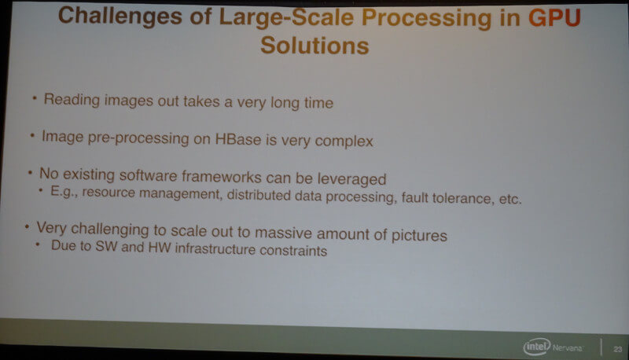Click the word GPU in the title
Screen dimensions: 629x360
pyautogui.click(x=554, y=18)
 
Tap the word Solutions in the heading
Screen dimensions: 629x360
pyautogui.click(x=314, y=46)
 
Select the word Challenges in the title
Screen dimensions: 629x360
pyautogui.click(x=120, y=17)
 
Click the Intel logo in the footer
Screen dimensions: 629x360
pyautogui.click(x=537, y=347)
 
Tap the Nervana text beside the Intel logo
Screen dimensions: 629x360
pyautogui.click(x=567, y=347)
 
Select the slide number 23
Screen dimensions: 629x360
pyautogui.click(x=618, y=349)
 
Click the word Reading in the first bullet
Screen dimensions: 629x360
pyautogui.click(x=72, y=99)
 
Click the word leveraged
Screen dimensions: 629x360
pyautogui.click(x=351, y=179)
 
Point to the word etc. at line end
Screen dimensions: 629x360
pyautogui.click(x=510, y=199)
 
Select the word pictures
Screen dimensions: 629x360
pyautogui.click(x=419, y=235)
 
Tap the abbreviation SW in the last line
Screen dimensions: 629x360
pyautogui.click(x=106, y=246)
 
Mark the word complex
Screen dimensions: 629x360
pyautogui.click(x=344, y=141)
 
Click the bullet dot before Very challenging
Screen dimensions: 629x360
pyautogui.click(x=27, y=227)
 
